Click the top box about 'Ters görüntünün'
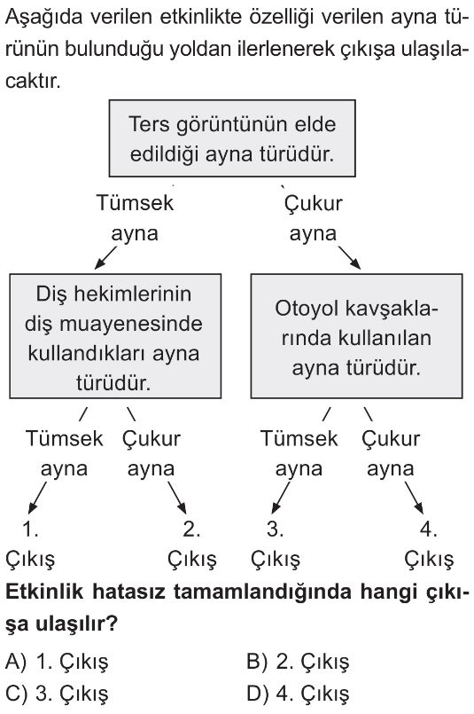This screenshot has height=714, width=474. click(x=232, y=138)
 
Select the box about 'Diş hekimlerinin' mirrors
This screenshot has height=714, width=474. click(x=115, y=336)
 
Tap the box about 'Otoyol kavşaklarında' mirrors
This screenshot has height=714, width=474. click(x=357, y=336)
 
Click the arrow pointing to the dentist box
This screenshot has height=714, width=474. click(x=105, y=258)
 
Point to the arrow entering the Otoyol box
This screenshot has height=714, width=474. click(x=349, y=258)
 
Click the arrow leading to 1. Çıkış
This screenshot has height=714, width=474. click(x=37, y=498)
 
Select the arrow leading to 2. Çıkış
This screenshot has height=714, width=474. click(x=177, y=498)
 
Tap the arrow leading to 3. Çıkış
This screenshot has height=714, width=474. click(x=280, y=498)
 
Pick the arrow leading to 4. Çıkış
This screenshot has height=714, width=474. click(x=414, y=498)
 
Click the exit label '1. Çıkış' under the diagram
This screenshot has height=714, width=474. click(x=30, y=545)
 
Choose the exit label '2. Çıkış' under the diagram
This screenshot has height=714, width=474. click(x=192, y=545)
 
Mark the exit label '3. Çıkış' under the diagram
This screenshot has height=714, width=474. click(x=276, y=545)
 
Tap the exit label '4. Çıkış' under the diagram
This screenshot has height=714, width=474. click(x=429, y=545)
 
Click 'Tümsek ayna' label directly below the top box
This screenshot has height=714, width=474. click(x=135, y=218)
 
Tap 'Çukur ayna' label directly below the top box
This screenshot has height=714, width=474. click(x=313, y=218)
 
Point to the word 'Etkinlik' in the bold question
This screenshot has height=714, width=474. click(x=44, y=592)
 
